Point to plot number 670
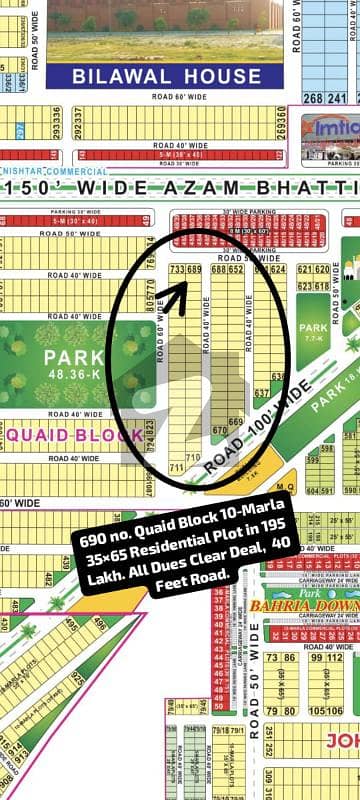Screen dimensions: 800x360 220,431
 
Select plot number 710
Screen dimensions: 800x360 177,467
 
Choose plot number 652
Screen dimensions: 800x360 237,269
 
